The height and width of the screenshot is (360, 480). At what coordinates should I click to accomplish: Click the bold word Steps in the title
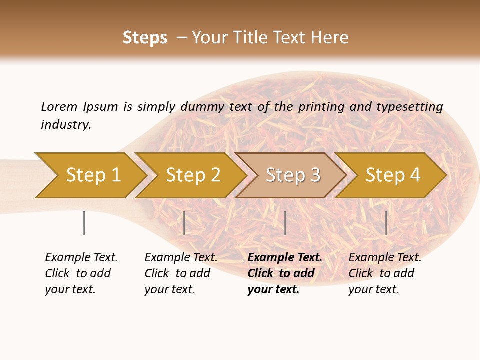145,38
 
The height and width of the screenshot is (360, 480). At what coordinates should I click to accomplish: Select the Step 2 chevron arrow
193,175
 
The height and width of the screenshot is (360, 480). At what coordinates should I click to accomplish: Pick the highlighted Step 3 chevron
293,175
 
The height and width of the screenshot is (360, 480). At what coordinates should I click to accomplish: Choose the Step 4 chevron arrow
393,175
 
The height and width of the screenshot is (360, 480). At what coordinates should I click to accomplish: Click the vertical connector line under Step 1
84,223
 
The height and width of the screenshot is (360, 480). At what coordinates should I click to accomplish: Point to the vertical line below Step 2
184,223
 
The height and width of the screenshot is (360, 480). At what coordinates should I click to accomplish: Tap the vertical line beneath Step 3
285,223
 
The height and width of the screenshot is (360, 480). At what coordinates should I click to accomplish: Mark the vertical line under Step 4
386,223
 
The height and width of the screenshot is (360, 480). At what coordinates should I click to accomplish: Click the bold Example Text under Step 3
285,258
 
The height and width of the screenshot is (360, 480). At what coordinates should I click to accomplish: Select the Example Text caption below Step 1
81,258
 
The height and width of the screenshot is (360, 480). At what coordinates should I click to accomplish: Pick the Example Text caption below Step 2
181,258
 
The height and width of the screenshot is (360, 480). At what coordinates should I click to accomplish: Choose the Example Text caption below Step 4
385,258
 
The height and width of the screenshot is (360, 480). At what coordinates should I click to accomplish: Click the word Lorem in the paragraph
59,106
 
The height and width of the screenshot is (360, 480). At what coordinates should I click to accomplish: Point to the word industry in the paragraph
66,124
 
